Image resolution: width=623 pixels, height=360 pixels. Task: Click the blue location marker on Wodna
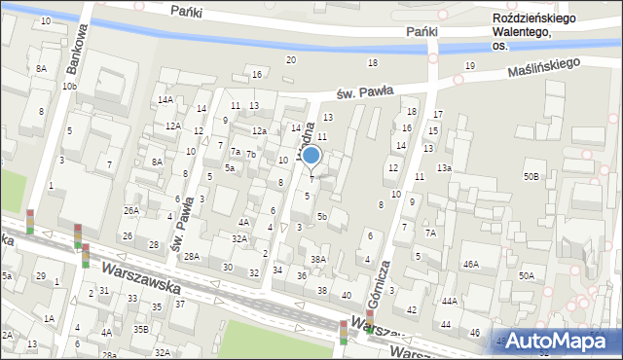[311, 156]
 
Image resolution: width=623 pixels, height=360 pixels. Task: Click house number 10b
[68, 87]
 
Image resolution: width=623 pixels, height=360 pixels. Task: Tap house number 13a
[444, 168]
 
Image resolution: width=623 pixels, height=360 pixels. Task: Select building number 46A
[470, 265]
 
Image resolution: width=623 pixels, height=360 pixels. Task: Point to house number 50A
[526, 276]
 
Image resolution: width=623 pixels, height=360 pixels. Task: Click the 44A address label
[449, 302]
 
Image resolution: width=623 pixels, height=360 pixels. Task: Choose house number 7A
[429, 233]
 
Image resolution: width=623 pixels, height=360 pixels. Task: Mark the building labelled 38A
[318, 259]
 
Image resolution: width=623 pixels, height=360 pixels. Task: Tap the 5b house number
[321, 216]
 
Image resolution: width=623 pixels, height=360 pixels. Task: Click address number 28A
[192, 257]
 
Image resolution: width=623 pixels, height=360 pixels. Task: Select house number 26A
[130, 210]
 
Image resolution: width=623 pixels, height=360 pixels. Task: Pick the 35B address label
[141, 329]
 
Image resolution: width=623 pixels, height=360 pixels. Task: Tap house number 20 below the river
[290, 60]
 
